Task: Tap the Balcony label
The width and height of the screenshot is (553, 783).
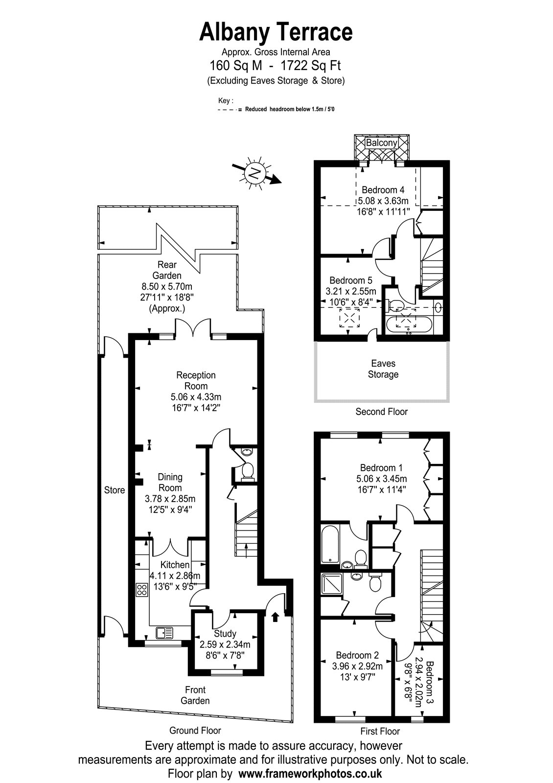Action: (x=381, y=142)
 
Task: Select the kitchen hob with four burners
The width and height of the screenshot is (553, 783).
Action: (x=141, y=590)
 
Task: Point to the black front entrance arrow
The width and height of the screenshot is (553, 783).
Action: (x=275, y=617)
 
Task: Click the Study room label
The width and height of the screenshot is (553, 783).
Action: (x=225, y=633)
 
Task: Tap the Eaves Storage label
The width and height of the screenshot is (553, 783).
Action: (x=383, y=369)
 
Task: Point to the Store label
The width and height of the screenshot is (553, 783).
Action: (x=115, y=490)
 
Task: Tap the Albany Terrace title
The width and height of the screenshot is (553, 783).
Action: (x=276, y=32)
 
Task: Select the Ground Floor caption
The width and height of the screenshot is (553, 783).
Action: (x=195, y=730)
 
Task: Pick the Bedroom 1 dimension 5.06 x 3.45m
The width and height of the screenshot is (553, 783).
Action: (x=381, y=479)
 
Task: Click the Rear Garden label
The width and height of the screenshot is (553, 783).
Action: (x=167, y=270)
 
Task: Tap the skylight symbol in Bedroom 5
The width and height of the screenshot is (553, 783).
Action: (x=349, y=318)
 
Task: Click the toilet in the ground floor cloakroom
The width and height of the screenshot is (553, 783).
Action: (x=248, y=472)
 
